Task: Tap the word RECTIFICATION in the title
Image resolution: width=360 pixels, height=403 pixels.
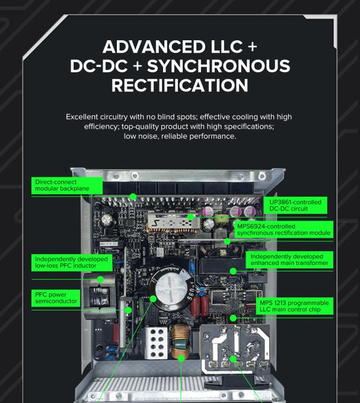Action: point(180,85)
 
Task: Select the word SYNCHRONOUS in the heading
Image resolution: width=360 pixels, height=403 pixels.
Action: point(218,66)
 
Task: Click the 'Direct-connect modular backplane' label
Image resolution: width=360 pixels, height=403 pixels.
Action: point(67,185)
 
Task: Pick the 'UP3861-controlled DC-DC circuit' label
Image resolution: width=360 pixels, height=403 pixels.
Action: point(295,206)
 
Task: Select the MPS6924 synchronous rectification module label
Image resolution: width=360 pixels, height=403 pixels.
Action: point(283,229)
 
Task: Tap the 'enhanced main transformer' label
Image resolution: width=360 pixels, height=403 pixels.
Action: point(289,260)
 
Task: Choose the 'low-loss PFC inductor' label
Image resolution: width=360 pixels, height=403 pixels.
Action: point(72,263)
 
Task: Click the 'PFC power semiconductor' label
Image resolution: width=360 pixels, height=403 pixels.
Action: point(56,298)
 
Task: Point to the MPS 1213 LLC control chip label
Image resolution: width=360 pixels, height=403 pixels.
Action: point(294,306)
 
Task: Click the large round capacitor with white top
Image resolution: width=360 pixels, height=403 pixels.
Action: point(171,286)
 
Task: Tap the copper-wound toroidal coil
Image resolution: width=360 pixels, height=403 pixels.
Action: point(180,342)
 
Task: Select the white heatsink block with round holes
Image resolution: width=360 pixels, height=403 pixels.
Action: point(155,343)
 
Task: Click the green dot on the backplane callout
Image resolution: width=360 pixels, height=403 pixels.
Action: point(133,197)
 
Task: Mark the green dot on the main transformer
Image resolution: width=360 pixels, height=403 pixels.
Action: point(233,271)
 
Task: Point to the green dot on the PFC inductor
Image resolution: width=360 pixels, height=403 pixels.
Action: point(101,279)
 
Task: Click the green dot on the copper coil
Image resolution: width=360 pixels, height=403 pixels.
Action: point(181,359)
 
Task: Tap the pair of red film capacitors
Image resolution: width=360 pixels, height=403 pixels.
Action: point(199,305)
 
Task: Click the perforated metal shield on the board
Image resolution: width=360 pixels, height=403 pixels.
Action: point(173,222)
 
